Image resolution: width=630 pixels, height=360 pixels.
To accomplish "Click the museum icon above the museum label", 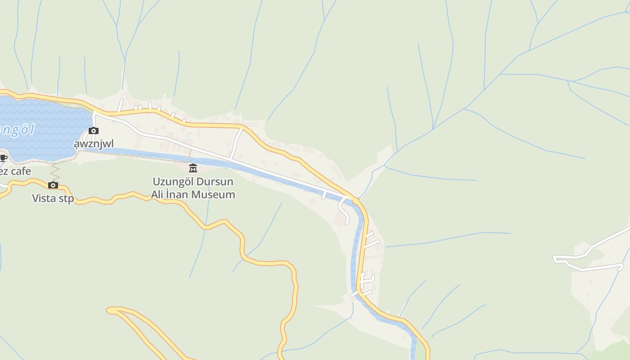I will point(193,168).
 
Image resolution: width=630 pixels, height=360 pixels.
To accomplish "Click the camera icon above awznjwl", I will point(94,131).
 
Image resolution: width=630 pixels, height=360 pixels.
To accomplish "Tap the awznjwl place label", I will point(94,144).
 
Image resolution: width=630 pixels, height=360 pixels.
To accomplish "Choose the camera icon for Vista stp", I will point(53,185).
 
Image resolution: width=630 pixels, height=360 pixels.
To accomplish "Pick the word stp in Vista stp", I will point(66,198).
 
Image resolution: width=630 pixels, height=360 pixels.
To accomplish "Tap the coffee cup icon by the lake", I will point(3,158).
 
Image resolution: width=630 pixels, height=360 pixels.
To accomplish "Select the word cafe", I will point(21,171).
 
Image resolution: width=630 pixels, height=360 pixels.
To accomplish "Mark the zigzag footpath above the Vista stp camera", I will point(54,171).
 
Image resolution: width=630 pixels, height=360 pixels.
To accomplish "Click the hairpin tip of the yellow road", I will point(109,310).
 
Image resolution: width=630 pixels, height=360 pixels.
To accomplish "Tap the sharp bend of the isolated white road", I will point(555,258).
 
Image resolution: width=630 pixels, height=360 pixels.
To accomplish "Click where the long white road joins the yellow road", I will point(354,199).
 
